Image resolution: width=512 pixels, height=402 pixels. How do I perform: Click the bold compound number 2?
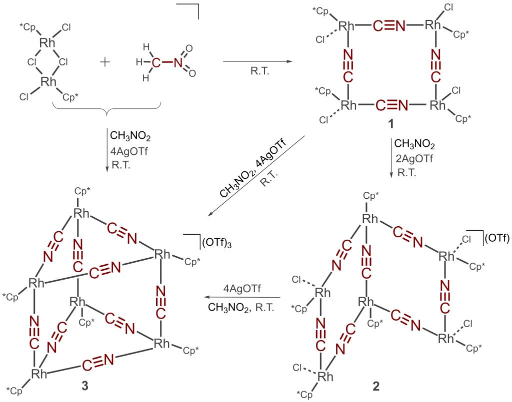(x=375, y=386)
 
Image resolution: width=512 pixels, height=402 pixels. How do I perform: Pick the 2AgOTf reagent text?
(x=414, y=159)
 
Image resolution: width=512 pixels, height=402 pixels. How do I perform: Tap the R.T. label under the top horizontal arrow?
(x=259, y=71)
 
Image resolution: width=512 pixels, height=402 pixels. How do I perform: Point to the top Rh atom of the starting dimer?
(x=48, y=43)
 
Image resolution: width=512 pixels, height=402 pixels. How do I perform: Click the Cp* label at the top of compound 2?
(x=371, y=195)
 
